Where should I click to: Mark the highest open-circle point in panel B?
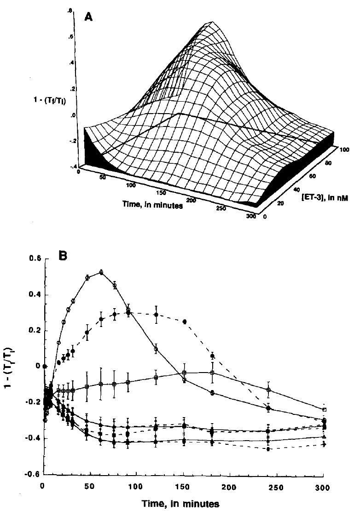point(101,272)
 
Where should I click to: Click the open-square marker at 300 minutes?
point(324,409)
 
